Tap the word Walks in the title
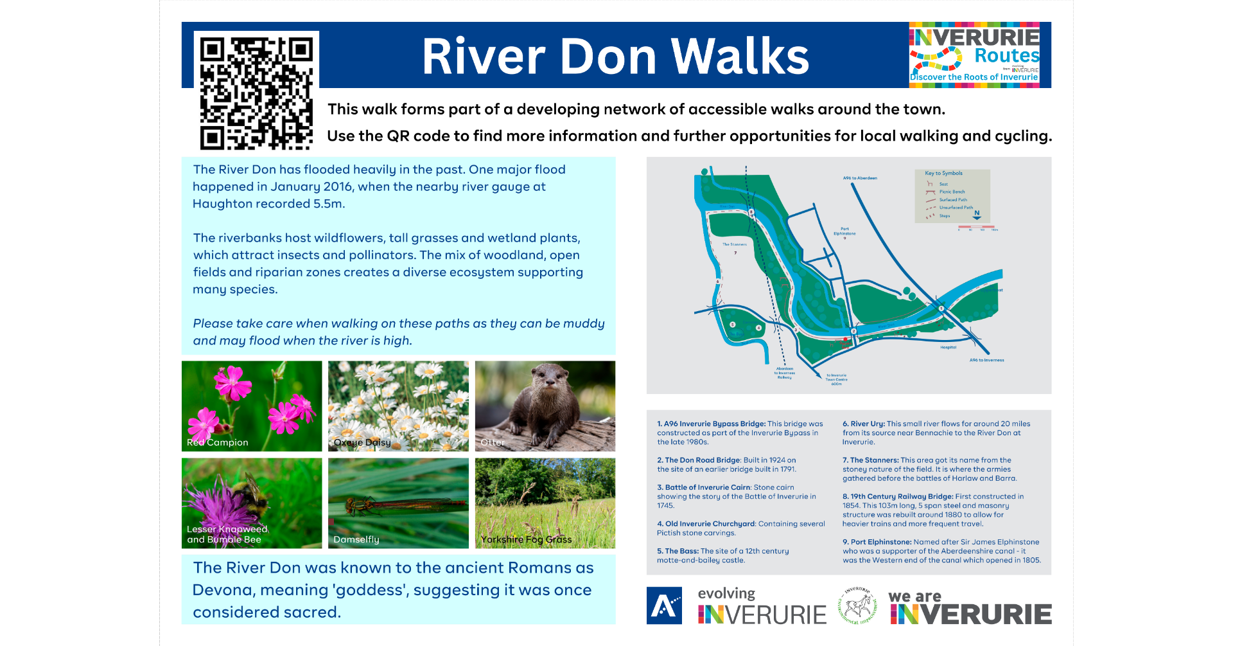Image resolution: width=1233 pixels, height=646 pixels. (740, 57)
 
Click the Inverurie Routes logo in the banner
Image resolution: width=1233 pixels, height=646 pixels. (974, 55)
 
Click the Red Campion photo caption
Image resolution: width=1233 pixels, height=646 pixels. (217, 442)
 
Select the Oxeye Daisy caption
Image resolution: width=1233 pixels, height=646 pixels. (362, 442)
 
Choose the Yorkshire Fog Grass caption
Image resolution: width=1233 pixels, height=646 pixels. (526, 539)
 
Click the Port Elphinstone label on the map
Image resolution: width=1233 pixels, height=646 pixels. (844, 231)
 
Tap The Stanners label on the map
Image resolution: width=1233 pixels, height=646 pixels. (734, 244)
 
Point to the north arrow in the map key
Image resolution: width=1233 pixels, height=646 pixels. (977, 215)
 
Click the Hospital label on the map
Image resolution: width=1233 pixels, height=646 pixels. (949, 347)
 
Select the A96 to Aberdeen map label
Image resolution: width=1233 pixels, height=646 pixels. (860, 178)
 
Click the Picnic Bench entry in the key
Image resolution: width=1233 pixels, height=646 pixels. (952, 192)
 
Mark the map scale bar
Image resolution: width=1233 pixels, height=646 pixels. (976, 227)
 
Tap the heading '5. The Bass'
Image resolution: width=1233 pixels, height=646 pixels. (678, 551)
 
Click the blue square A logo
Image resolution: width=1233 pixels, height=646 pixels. (664, 606)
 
